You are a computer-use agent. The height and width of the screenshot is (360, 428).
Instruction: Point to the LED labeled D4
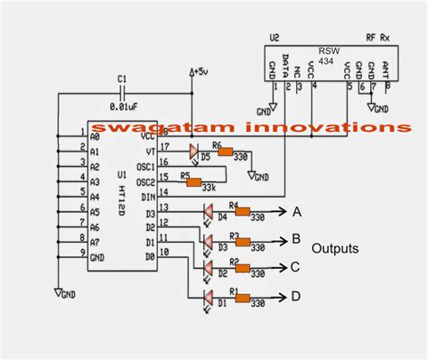(209, 213)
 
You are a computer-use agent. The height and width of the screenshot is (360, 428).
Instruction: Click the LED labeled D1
(209, 298)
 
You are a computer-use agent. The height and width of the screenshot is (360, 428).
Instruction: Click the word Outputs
(336, 247)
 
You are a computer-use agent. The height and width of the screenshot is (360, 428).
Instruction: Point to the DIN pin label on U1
(148, 193)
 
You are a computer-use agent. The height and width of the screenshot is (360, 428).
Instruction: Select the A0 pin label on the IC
(96, 134)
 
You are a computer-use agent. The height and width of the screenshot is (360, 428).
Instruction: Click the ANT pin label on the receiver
(386, 69)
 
